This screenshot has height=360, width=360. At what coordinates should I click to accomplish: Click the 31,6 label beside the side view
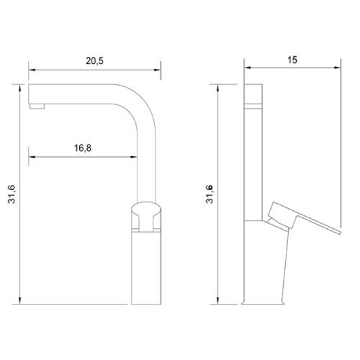click(x=210, y=194)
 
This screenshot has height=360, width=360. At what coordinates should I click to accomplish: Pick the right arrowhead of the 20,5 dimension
click(x=157, y=71)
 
